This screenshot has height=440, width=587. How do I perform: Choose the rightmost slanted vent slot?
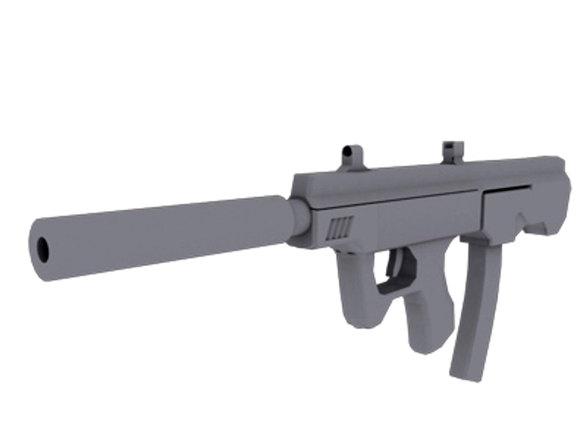349,226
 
